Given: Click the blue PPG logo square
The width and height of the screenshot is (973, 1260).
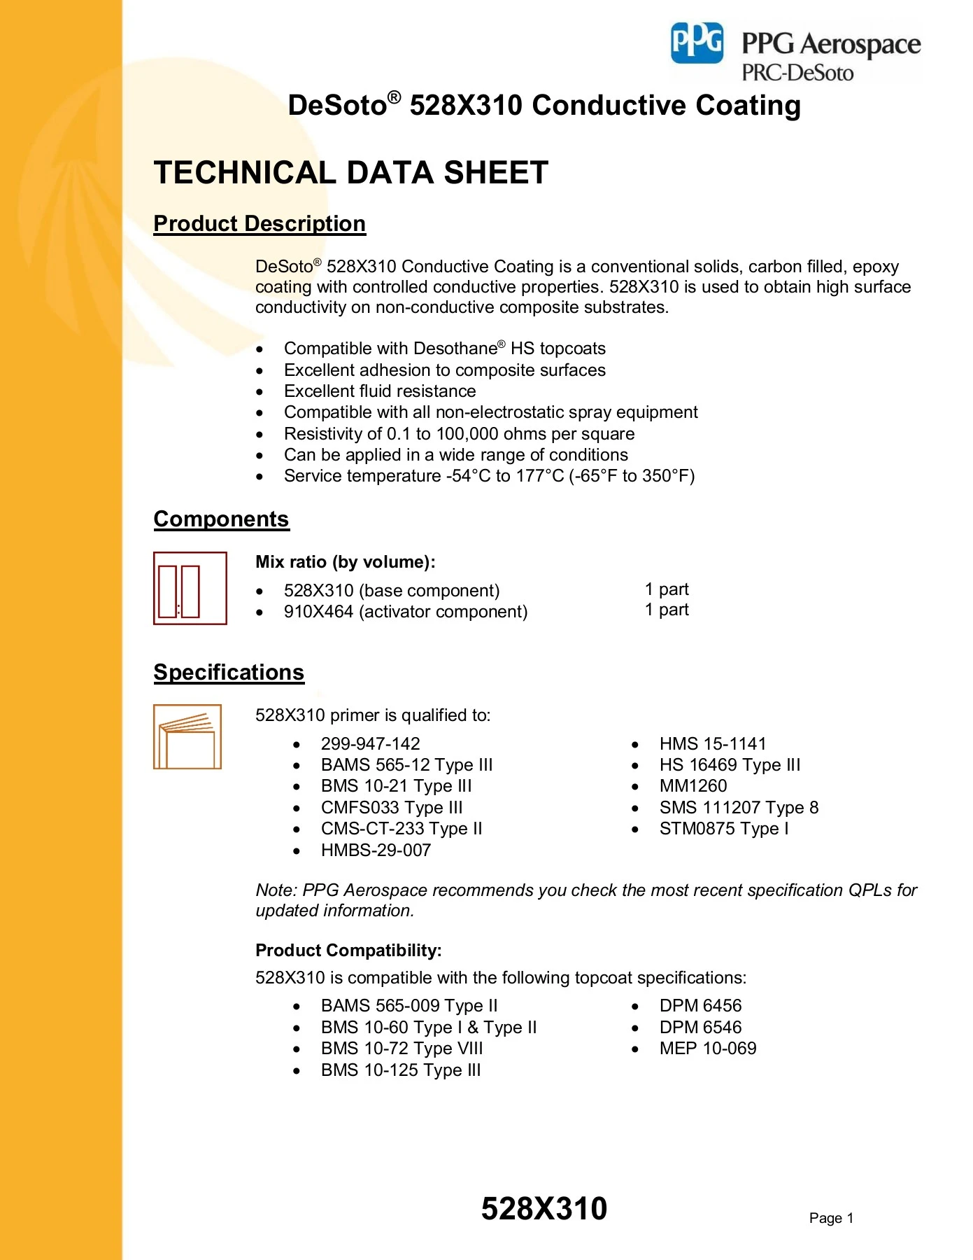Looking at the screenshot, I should point(697,43).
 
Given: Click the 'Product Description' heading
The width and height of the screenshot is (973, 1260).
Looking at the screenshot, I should point(260,223).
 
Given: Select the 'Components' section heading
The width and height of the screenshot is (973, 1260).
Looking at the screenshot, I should point(221,519).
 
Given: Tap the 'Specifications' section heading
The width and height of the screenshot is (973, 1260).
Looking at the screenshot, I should point(229,672).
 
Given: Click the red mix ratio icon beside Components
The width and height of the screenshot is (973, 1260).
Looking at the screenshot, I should point(190,588).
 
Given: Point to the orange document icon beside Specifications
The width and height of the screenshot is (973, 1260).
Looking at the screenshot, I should point(187,736).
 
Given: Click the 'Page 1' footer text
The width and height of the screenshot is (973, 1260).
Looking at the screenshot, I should point(831,1218).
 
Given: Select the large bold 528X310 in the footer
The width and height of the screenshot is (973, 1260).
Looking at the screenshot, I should point(544,1209).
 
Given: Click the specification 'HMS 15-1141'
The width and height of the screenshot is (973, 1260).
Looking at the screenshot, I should point(712,743).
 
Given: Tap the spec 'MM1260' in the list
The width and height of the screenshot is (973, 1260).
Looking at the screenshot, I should point(693,786).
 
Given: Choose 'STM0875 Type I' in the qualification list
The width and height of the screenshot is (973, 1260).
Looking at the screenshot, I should point(723,829).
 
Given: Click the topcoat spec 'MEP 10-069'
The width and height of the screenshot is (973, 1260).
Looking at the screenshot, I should point(707,1049).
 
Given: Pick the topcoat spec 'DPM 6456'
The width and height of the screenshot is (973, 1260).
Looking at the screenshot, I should point(700,1006).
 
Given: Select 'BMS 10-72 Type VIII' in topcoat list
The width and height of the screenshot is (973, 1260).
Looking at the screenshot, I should point(402,1049).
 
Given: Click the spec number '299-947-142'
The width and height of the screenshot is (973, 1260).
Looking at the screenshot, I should point(370,743).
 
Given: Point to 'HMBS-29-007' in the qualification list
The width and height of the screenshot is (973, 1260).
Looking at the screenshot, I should point(376,850).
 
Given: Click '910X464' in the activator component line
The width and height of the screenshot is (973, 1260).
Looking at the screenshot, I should point(318,612).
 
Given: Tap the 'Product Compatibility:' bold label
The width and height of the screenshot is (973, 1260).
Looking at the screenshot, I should point(348,951).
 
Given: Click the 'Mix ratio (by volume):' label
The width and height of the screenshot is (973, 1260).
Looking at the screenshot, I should point(346,562).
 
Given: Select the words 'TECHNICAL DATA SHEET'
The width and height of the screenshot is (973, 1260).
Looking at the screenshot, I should point(351,173).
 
